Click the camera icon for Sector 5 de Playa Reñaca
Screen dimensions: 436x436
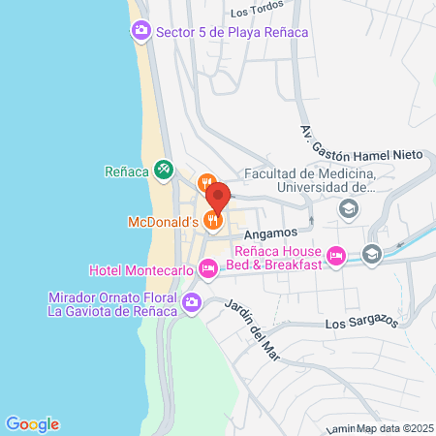pyautogui.click(x=140, y=32)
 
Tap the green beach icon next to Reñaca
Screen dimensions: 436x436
pyautogui.click(x=164, y=171)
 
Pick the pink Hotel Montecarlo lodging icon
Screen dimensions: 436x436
pyautogui.click(x=206, y=267)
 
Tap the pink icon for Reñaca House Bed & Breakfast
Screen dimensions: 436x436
pyautogui.click(x=335, y=256)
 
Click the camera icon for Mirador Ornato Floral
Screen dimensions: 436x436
pyautogui.click(x=192, y=302)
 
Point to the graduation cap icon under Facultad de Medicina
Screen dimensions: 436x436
pyautogui.click(x=347, y=208)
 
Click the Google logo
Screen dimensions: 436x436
pyautogui.click(x=32, y=423)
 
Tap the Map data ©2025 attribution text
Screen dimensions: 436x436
pyautogui.click(x=391, y=427)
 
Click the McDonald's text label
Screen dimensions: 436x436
pyautogui.click(x=163, y=222)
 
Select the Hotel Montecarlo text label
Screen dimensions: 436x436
pyautogui.click(x=141, y=268)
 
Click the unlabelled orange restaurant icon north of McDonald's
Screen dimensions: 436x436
pyautogui.click(x=206, y=181)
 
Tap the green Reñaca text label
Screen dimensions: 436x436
pyautogui.click(x=126, y=172)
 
